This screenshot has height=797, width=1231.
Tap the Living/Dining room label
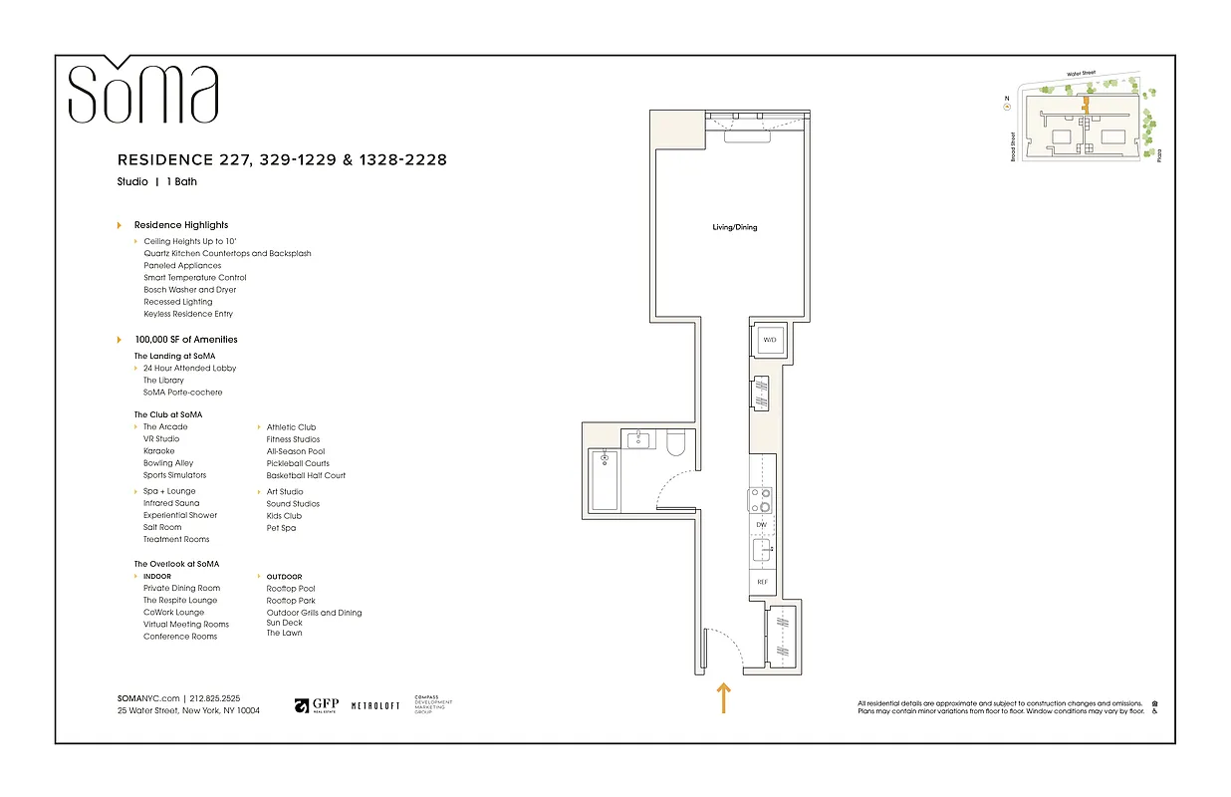(x=734, y=227)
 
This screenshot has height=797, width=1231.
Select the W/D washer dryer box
(x=769, y=341)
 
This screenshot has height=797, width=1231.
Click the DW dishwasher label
(x=762, y=524)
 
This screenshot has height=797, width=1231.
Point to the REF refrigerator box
(x=762, y=582)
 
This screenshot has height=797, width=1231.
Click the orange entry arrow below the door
(x=723, y=697)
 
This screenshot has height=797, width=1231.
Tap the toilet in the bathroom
(x=676, y=443)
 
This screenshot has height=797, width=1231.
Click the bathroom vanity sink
(x=637, y=439)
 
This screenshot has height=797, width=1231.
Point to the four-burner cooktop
(x=762, y=499)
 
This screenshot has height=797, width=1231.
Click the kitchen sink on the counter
(x=762, y=550)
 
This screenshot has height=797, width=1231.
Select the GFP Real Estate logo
(x=316, y=705)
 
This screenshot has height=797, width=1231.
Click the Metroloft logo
(x=375, y=705)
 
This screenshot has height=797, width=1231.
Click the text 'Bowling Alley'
(x=168, y=463)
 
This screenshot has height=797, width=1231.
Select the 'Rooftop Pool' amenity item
(x=291, y=589)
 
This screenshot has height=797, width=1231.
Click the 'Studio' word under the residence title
(x=132, y=182)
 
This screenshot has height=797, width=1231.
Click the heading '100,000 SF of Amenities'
(x=186, y=340)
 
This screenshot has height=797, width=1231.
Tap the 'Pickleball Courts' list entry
(x=298, y=463)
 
